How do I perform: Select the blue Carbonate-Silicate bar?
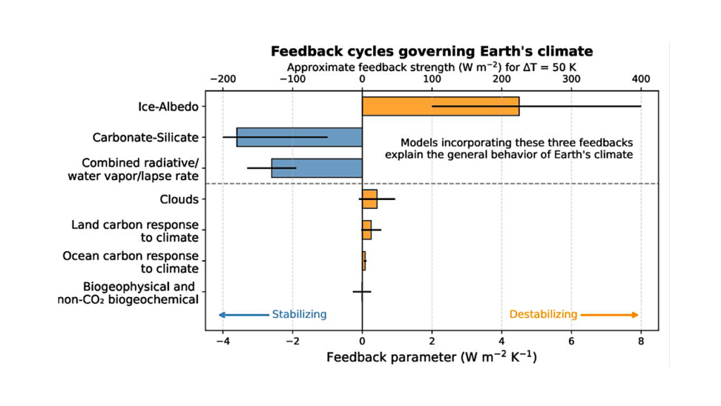click(299, 137)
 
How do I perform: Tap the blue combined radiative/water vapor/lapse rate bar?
click(317, 167)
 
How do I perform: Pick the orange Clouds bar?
click(370, 199)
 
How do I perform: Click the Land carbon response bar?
click(366, 230)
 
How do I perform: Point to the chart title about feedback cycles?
click(432, 51)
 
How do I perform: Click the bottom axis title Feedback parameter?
click(432, 357)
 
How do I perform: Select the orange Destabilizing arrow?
click(610, 315)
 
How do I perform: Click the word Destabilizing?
click(543, 315)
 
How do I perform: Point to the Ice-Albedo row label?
click(168, 107)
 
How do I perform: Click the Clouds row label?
click(179, 199)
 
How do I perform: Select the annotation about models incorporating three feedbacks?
click(508, 148)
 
